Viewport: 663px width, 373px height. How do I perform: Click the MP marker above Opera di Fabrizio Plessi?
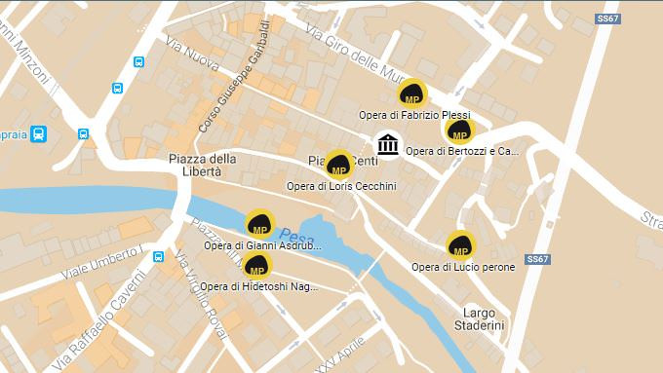(x=412, y=95)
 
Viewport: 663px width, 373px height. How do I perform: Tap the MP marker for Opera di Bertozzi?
(x=459, y=131)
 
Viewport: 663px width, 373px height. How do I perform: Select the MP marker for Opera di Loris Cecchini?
(x=338, y=165)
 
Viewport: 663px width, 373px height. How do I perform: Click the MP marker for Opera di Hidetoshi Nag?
(x=256, y=266)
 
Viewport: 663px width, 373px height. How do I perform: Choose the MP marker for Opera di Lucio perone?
(x=461, y=246)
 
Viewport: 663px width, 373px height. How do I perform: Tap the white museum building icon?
(x=388, y=145)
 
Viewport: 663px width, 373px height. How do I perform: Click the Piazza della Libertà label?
(x=202, y=165)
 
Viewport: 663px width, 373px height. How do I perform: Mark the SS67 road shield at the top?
(x=608, y=19)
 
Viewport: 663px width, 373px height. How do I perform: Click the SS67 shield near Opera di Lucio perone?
(x=538, y=259)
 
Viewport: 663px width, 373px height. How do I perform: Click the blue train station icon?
(x=39, y=133)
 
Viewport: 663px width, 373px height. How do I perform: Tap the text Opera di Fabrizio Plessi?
(x=414, y=115)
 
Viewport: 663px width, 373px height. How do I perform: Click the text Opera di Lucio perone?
(x=463, y=267)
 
